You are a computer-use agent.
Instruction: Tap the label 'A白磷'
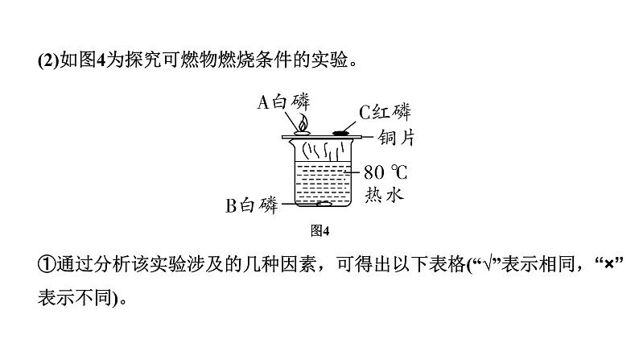click(x=283, y=101)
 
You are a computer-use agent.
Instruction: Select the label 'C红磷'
click(x=385, y=112)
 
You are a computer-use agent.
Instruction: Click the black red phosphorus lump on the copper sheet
click(x=340, y=133)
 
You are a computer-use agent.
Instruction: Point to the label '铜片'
click(x=396, y=138)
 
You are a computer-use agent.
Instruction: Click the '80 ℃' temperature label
click(x=385, y=172)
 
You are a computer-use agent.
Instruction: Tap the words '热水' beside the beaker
click(x=384, y=194)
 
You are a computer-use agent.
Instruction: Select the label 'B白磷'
click(x=251, y=205)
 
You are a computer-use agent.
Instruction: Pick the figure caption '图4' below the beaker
click(x=319, y=231)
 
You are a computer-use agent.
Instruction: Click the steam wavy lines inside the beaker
click(x=321, y=151)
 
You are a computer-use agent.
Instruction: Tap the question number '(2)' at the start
click(x=48, y=60)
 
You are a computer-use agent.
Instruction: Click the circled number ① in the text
click(x=47, y=264)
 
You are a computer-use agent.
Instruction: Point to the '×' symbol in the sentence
click(x=609, y=265)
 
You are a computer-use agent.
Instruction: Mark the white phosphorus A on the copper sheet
click(x=303, y=133)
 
